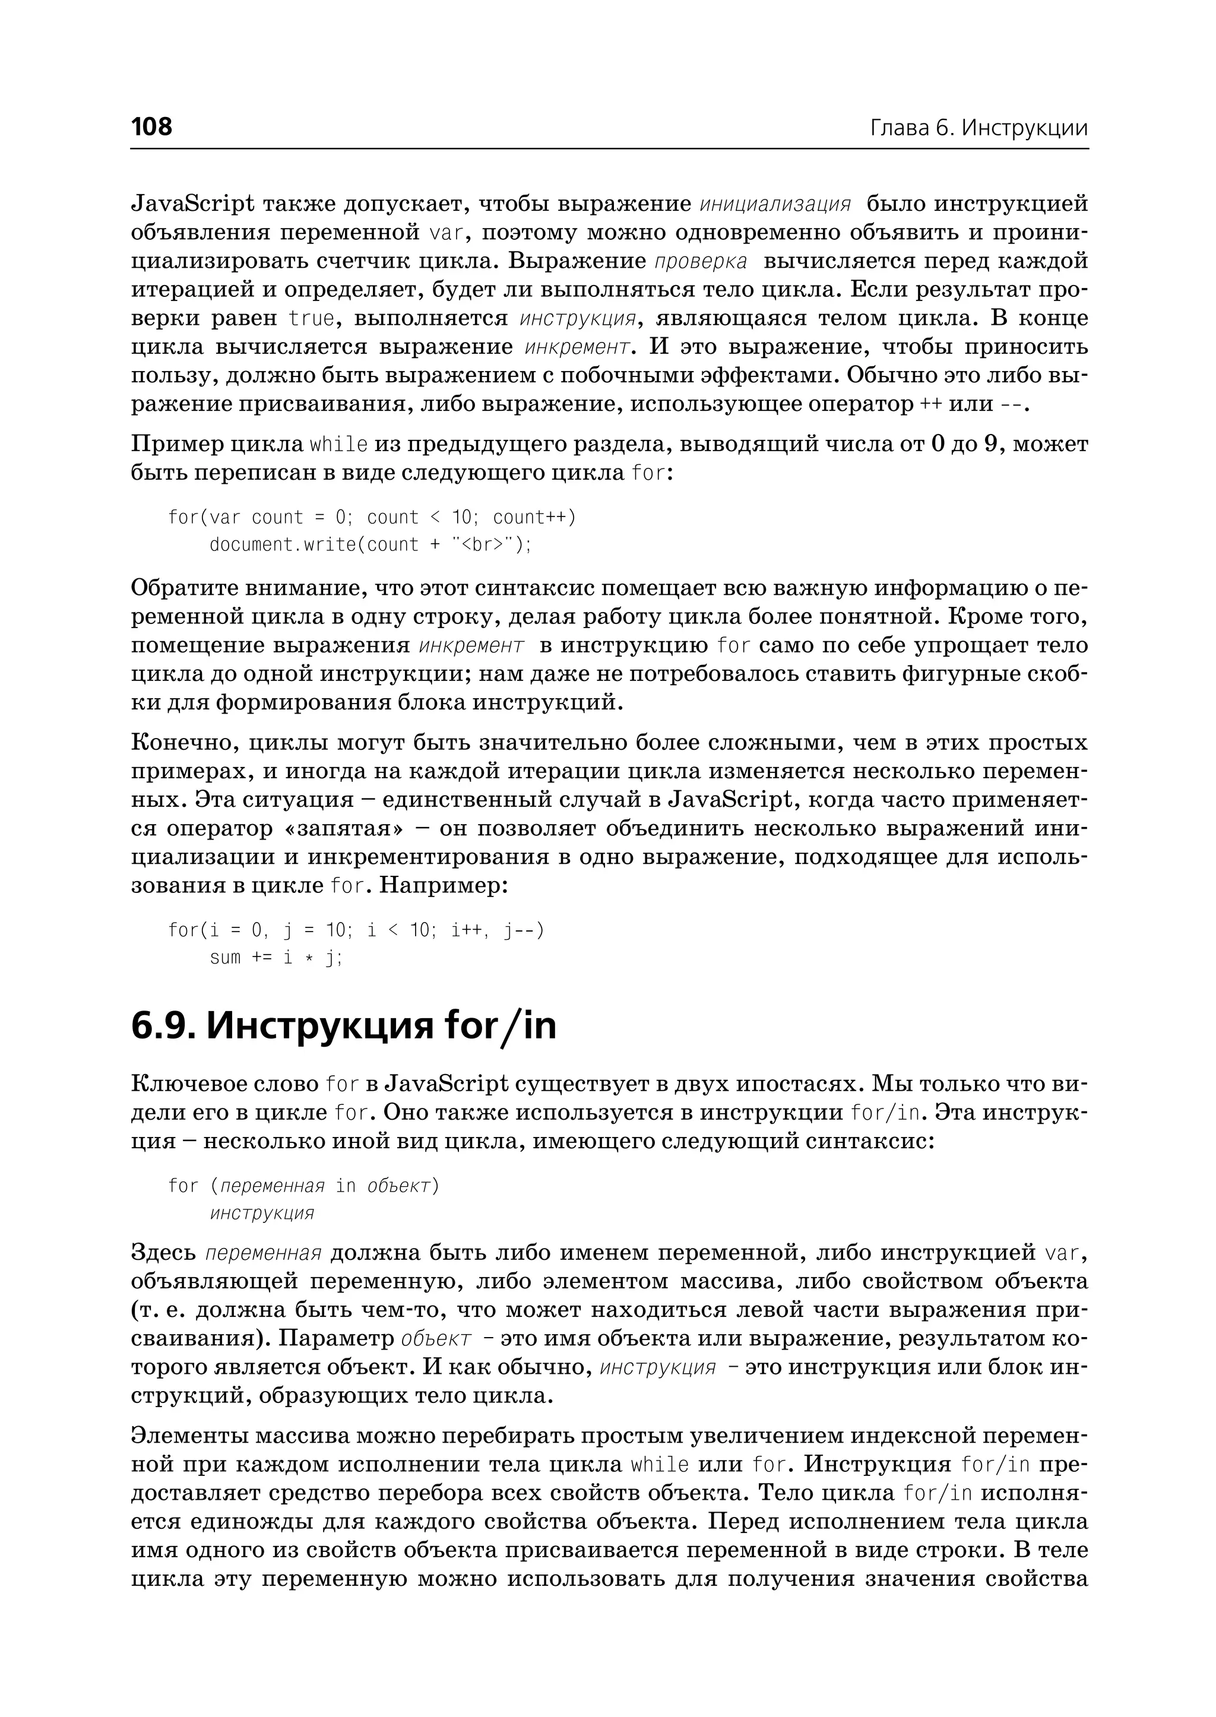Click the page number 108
click(x=151, y=126)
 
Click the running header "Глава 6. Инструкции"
click(x=978, y=128)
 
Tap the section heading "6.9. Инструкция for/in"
click(x=344, y=1026)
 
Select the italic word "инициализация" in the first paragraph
click(x=775, y=204)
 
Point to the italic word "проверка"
click(x=700, y=262)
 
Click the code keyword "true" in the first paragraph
click(x=312, y=319)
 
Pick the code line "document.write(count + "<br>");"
click(x=370, y=545)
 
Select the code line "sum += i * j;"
click(x=275, y=958)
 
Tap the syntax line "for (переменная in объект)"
click(x=303, y=1186)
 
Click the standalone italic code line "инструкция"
click(x=261, y=1213)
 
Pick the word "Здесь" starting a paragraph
click(x=163, y=1253)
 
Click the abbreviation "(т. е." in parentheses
click(x=157, y=1310)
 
